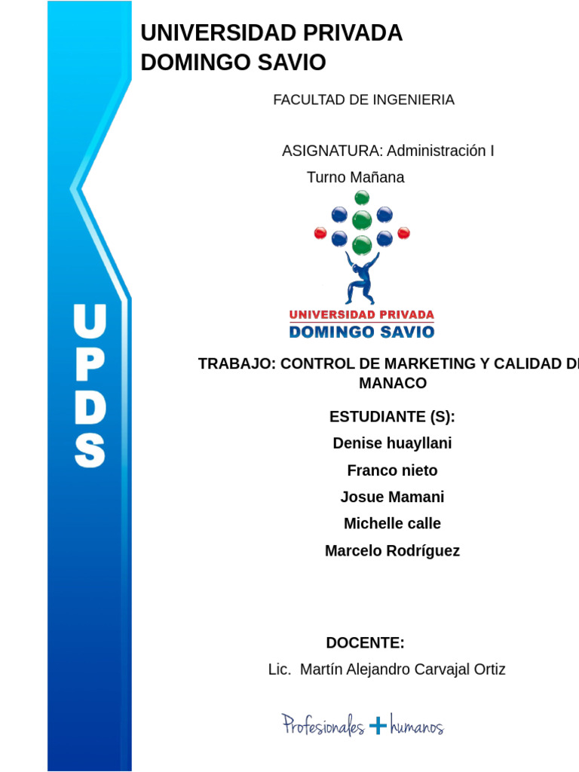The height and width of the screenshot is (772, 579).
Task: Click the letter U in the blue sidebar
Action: pyautogui.click(x=90, y=322)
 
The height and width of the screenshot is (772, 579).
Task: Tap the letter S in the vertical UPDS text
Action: pyautogui.click(x=90, y=449)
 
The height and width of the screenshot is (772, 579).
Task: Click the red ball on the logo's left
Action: pyautogui.click(x=320, y=233)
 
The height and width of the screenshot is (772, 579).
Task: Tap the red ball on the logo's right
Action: pyautogui.click(x=403, y=233)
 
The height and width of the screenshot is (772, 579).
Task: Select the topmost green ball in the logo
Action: pyautogui.click(x=362, y=198)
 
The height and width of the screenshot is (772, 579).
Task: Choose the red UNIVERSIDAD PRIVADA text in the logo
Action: pyautogui.click(x=362, y=314)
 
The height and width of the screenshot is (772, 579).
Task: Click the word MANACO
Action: pyautogui.click(x=393, y=383)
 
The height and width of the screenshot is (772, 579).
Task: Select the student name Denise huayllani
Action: pyautogui.click(x=392, y=443)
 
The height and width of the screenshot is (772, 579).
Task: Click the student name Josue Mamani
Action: pyautogui.click(x=392, y=497)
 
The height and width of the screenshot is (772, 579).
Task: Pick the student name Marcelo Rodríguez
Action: pyautogui.click(x=392, y=551)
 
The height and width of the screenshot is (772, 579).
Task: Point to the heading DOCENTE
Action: pyautogui.click(x=365, y=643)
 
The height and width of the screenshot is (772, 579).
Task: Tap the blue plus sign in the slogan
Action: pyautogui.click(x=378, y=726)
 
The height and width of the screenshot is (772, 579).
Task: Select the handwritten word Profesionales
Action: pyautogui.click(x=323, y=726)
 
